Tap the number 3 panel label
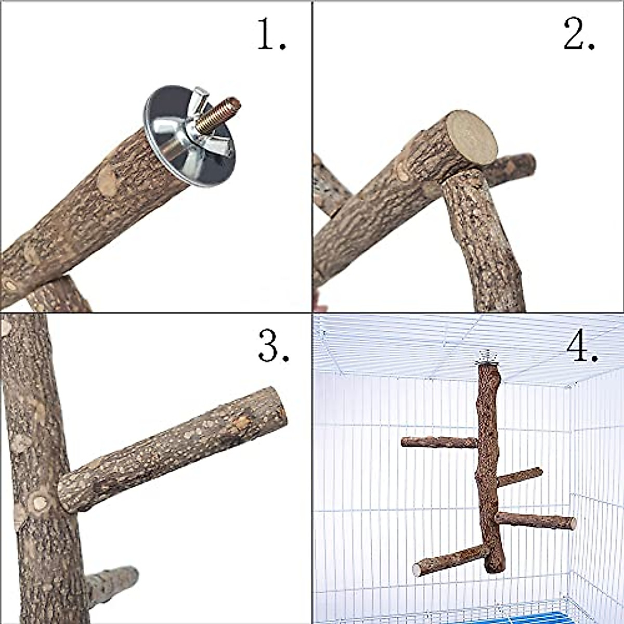click(x=273, y=347)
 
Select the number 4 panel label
click(x=582, y=347)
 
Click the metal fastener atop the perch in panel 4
click(x=487, y=358)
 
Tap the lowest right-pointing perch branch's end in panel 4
click(x=571, y=523)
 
